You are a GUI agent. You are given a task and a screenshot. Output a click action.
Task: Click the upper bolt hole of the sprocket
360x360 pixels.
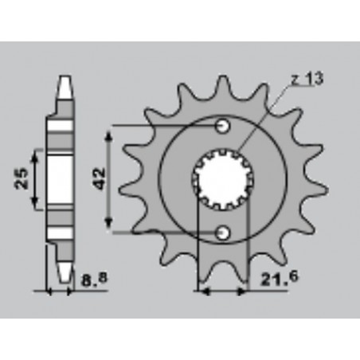(x=224, y=127)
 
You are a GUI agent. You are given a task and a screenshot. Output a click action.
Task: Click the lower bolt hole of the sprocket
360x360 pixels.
(x=224, y=232)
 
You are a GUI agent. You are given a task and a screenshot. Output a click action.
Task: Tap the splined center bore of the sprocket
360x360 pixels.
(x=224, y=178)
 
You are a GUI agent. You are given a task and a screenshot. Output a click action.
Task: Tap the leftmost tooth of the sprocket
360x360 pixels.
(x=125, y=191)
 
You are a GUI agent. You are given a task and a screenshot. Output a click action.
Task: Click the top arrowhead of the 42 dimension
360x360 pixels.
(x=112, y=130)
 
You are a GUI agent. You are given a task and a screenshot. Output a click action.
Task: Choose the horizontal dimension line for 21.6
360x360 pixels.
(x=224, y=292)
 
